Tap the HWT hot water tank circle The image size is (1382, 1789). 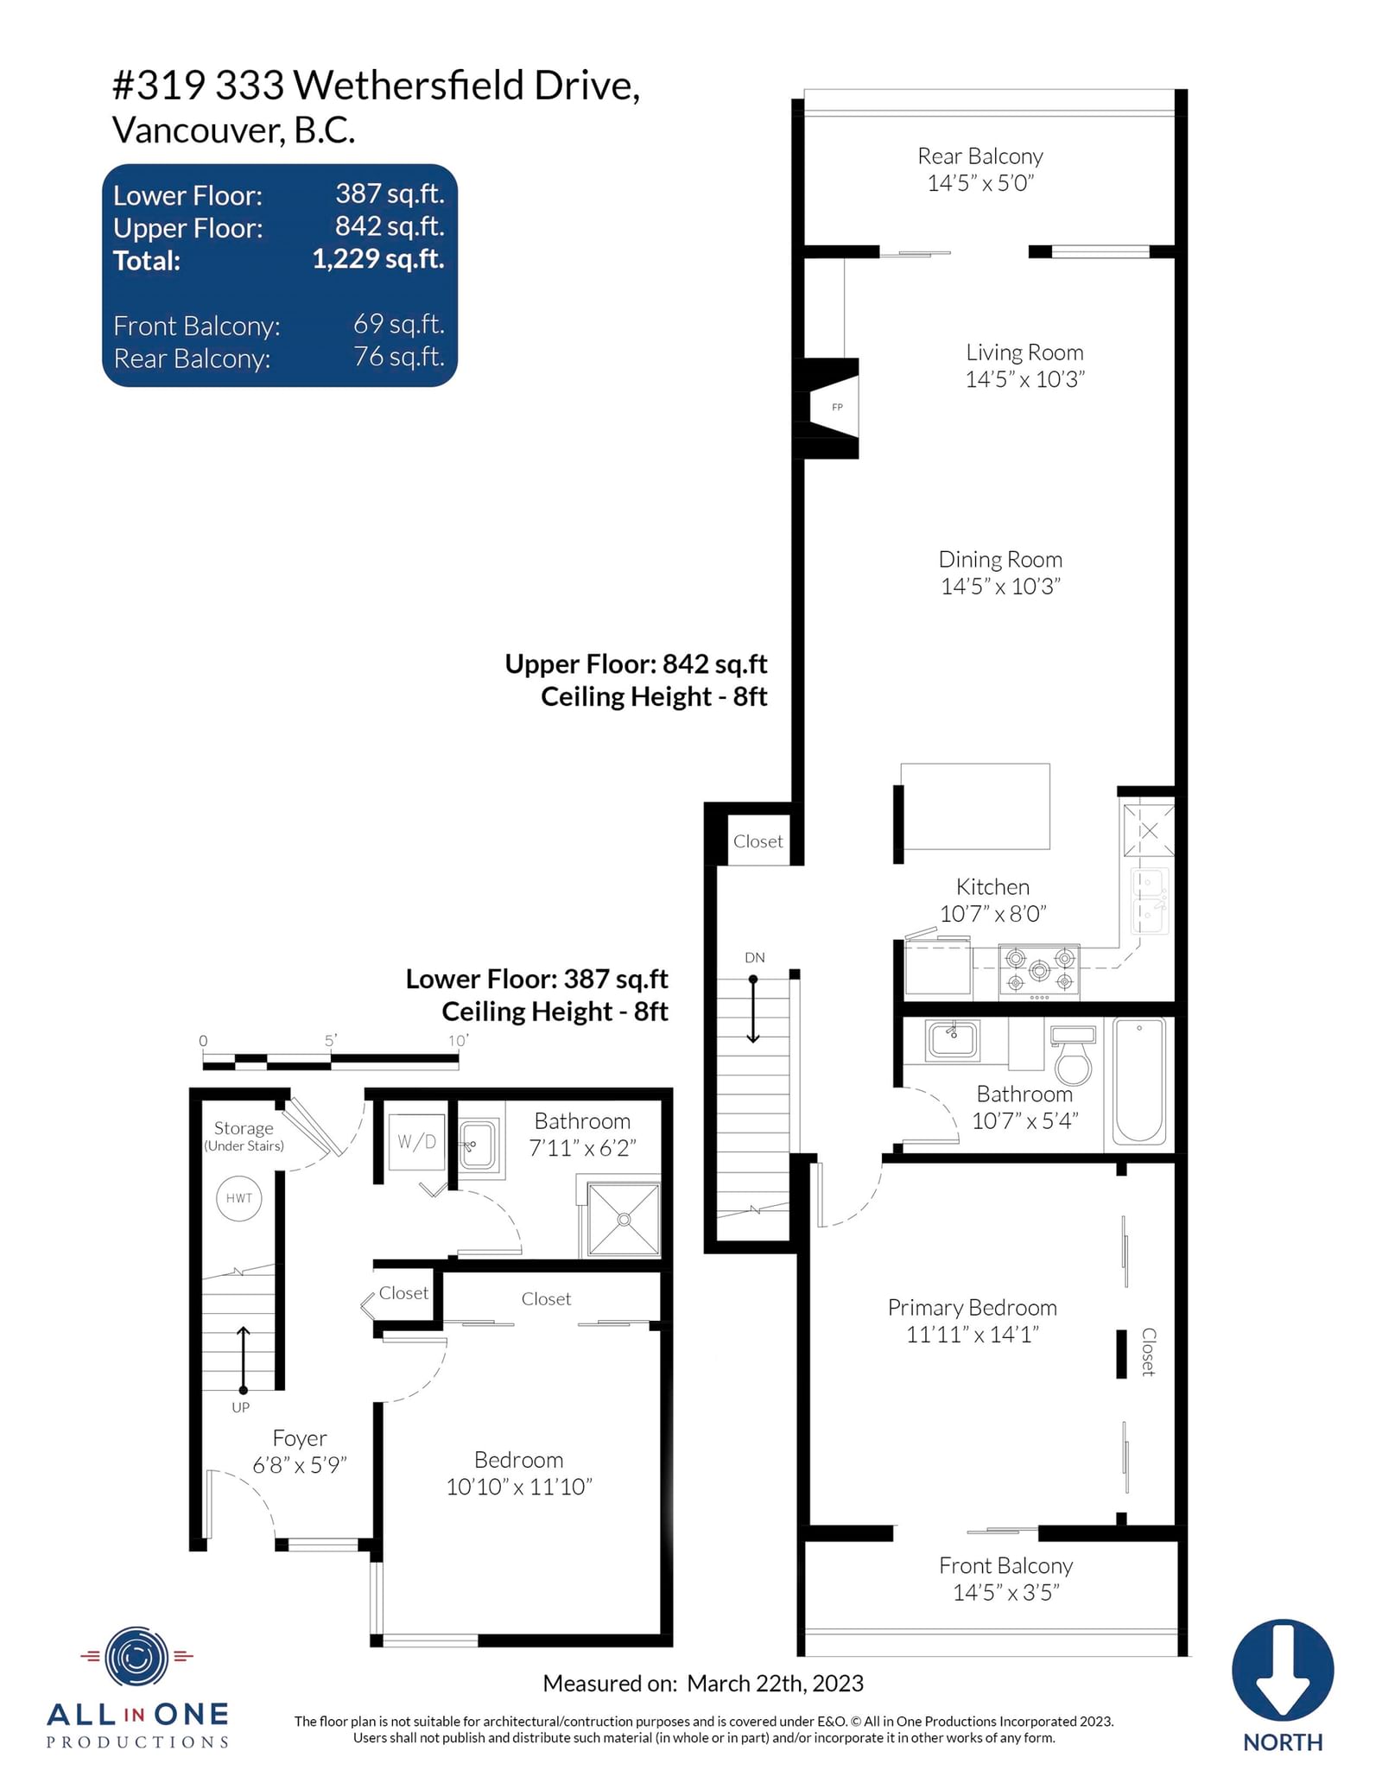[x=239, y=1198]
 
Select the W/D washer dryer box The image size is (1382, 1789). [x=417, y=1142]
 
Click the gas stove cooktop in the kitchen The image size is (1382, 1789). [x=1039, y=972]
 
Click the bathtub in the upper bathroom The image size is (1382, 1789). [x=1139, y=1082]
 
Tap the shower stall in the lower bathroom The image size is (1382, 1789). [x=624, y=1219]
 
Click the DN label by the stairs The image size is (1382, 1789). [x=755, y=957]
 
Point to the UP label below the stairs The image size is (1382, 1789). [x=240, y=1407]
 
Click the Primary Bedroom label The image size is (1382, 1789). [x=973, y=1308]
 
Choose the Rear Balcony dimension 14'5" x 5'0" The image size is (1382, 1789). [x=980, y=183]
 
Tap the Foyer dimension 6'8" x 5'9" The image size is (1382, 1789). [x=300, y=1465]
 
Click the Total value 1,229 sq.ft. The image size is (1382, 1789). [x=378, y=259]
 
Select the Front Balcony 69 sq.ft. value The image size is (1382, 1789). [x=399, y=324]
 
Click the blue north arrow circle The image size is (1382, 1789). [x=1283, y=1671]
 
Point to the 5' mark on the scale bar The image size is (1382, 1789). [x=331, y=1041]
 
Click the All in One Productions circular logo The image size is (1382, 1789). [x=136, y=1657]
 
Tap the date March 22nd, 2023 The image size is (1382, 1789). [x=776, y=1684]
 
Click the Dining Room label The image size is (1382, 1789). [x=1000, y=560]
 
